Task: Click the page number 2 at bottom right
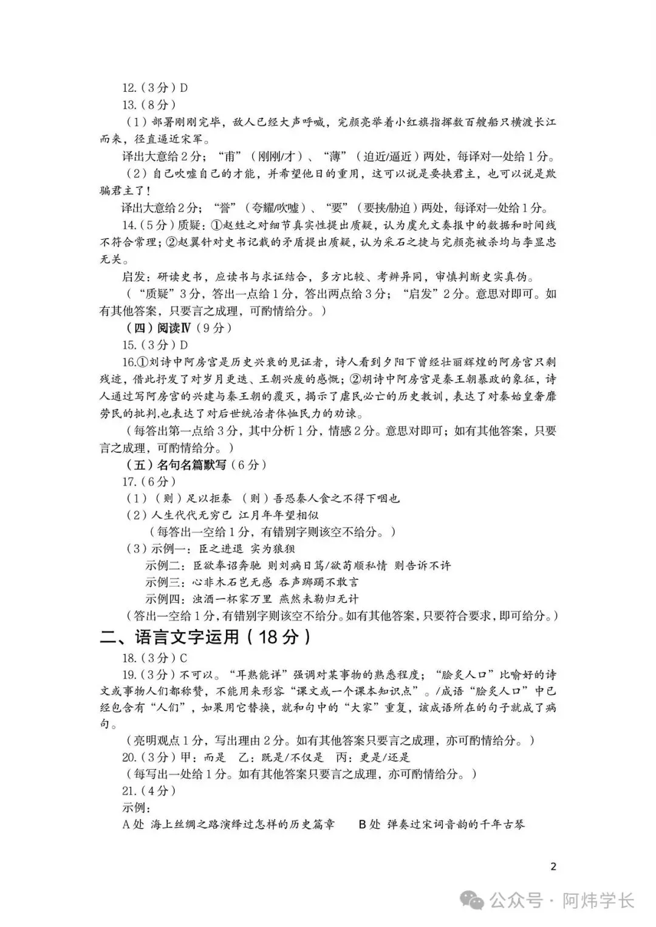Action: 553,866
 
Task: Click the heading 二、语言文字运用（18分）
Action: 207,637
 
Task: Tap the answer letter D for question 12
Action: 184,87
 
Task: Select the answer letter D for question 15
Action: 184,345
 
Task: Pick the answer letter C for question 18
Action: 183,658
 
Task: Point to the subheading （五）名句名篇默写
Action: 176,465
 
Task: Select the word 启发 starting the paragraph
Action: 135,277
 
